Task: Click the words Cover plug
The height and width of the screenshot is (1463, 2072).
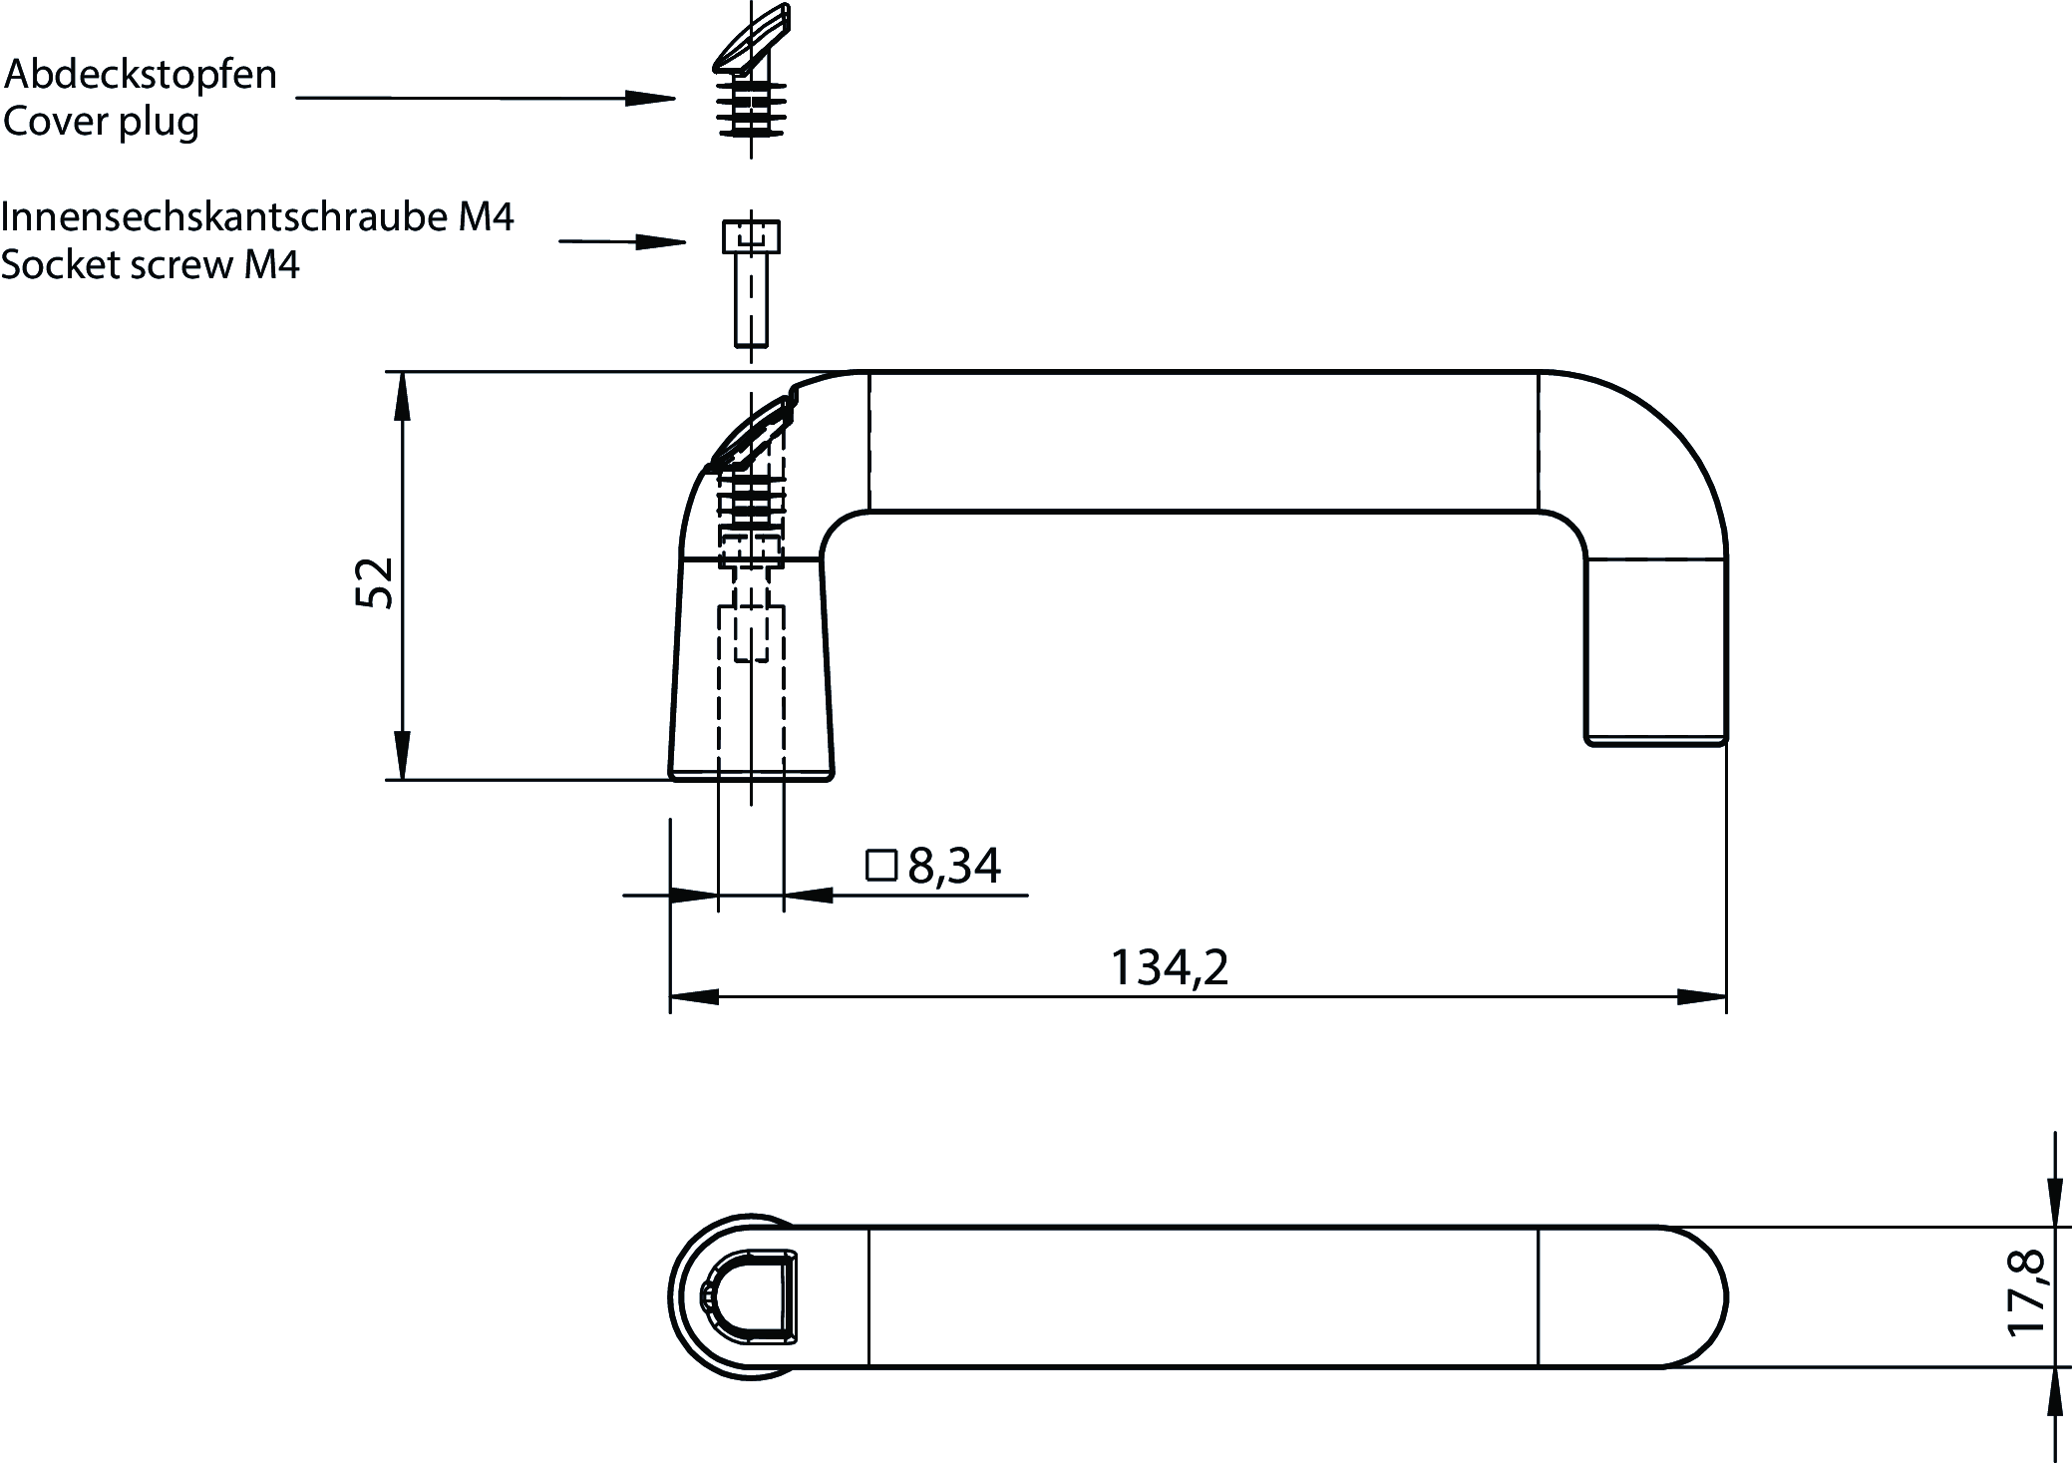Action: coord(102,123)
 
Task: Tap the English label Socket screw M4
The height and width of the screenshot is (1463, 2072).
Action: coord(151,265)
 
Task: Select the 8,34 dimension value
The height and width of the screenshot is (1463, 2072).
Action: coord(954,866)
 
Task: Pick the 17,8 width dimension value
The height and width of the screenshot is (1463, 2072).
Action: coord(2027,1293)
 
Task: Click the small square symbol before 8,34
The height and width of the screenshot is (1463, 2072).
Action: coord(882,865)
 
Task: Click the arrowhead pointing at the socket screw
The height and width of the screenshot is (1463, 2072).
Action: coord(662,241)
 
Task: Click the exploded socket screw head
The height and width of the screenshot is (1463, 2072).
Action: coord(751,237)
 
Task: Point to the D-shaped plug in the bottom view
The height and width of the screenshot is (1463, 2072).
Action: coord(753,1294)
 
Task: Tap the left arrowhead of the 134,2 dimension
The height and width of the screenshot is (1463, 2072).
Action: coord(694,996)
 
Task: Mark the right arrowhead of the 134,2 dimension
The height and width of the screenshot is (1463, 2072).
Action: coord(1702,996)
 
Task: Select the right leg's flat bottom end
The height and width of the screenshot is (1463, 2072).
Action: coord(1656,741)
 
